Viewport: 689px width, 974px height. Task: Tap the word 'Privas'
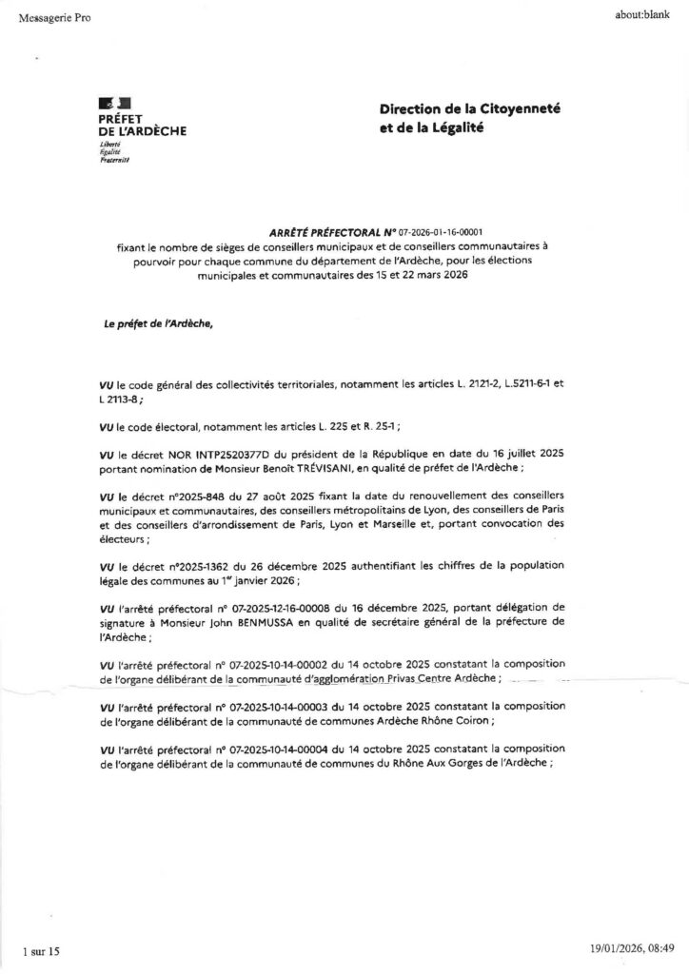click(406, 677)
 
